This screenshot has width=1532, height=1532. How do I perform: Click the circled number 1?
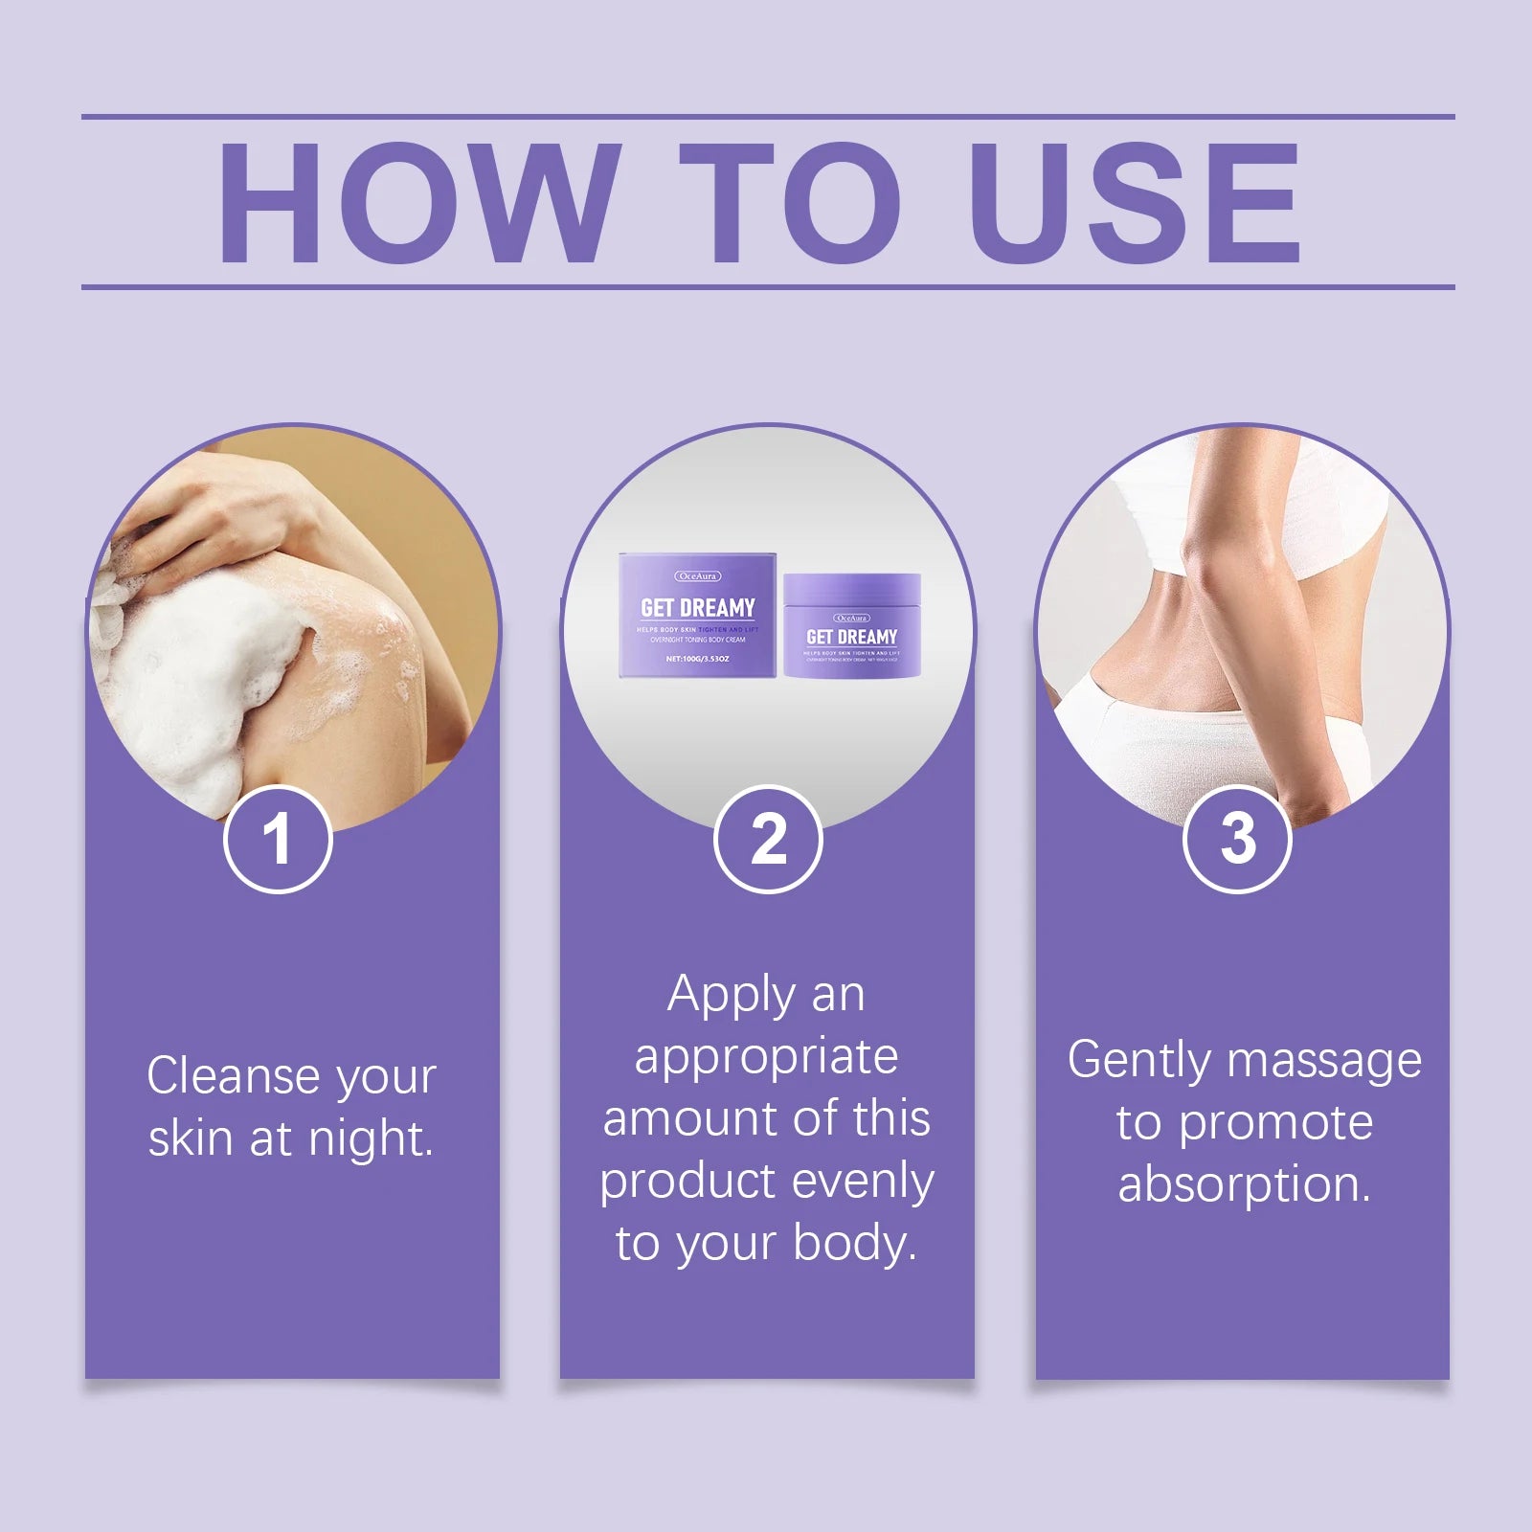click(278, 840)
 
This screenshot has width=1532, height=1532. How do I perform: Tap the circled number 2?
click(768, 840)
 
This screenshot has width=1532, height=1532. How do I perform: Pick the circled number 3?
click(1237, 840)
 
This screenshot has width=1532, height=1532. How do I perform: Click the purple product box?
click(697, 618)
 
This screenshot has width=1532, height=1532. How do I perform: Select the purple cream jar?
click(852, 627)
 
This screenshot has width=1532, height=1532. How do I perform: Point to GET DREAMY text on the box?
click(698, 608)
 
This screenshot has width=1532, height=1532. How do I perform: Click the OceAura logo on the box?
click(697, 576)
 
